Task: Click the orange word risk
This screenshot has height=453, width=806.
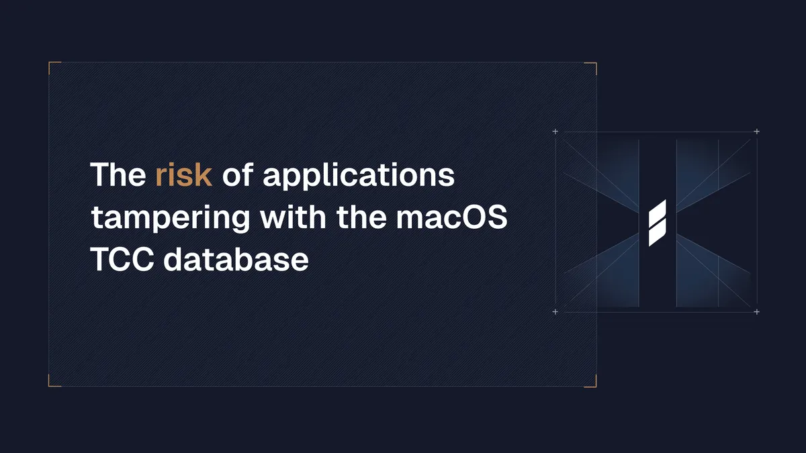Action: (183, 175)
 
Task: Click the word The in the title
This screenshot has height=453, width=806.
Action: (118, 175)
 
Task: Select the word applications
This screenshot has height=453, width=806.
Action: (358, 177)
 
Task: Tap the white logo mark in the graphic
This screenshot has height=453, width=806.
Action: (657, 223)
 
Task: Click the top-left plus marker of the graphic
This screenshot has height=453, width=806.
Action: (555, 132)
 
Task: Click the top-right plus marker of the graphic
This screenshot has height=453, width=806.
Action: (757, 132)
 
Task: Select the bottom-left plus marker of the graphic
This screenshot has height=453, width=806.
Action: (555, 312)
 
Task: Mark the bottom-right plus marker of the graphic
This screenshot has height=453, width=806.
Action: (757, 312)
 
